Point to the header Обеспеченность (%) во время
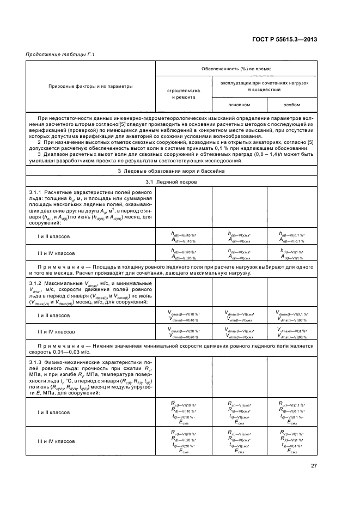coord(236,69)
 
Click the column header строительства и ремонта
coord(183,93)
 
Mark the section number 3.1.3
coord(36,362)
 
